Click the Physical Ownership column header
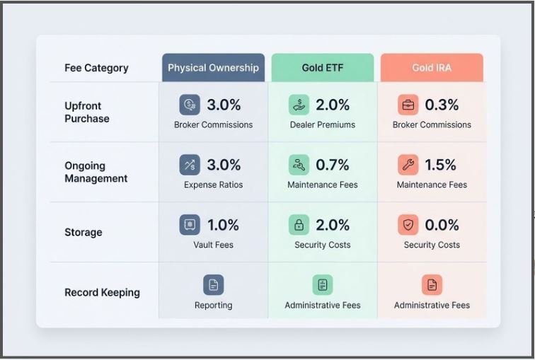[213, 67]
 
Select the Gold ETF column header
[323, 67]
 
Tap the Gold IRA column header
[432, 67]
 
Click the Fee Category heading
[96, 68]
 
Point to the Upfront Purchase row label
[87, 112]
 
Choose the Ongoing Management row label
[96, 172]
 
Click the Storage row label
[84, 232]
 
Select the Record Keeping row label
[102, 293]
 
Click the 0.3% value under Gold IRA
[442, 105]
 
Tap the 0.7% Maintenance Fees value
[333, 165]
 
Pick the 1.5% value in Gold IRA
[440, 165]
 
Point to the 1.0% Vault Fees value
[223, 225]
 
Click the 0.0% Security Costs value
[442, 225]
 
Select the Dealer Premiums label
[323, 124]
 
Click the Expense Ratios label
[213, 185]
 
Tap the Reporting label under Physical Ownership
[213, 305]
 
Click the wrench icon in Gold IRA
[408, 165]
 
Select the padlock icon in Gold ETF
[299, 225]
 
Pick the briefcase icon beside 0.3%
[408, 105]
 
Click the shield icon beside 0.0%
[408, 225]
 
